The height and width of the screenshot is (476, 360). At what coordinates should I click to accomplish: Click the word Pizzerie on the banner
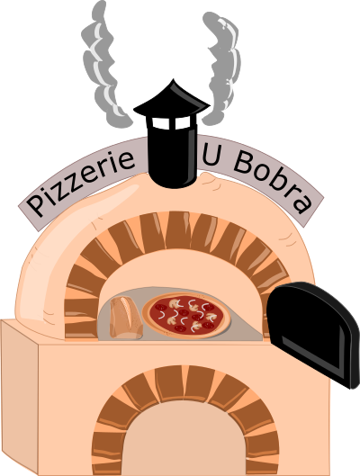tap(80, 182)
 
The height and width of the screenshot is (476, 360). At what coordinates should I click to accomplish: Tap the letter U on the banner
tap(211, 155)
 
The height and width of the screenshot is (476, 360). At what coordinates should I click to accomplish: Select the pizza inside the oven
tap(186, 315)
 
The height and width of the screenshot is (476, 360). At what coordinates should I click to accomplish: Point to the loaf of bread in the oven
tap(126, 318)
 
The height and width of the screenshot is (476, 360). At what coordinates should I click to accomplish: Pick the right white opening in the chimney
tap(183, 122)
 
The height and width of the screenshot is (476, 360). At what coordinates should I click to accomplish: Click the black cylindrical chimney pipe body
tap(173, 155)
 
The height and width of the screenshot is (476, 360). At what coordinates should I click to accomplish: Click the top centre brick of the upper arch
tap(178, 229)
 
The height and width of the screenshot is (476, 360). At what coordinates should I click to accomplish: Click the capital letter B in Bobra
tap(243, 163)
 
